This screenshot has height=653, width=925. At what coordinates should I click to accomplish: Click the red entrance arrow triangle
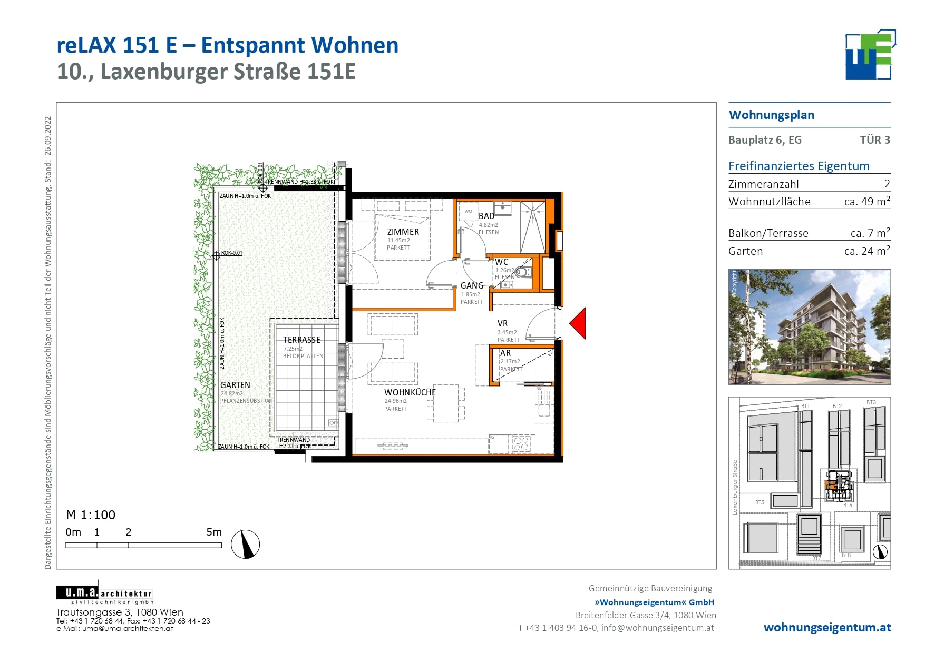tap(579, 323)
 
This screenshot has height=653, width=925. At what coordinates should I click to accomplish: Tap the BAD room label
tap(486, 216)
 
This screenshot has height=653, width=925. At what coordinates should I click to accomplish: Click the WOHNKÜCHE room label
tap(410, 392)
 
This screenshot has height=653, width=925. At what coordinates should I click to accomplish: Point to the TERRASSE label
tap(301, 340)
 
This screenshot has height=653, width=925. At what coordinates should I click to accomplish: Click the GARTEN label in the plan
tap(235, 385)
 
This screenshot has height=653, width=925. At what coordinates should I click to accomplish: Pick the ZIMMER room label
tap(403, 232)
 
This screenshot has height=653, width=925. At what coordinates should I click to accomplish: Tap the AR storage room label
tap(505, 353)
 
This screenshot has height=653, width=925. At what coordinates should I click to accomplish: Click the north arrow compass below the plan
tap(246, 544)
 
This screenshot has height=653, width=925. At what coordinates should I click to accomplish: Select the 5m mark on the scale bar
tap(214, 532)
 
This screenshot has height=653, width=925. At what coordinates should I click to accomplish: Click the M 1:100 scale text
tap(90, 515)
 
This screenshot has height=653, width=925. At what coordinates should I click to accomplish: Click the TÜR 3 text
tap(874, 140)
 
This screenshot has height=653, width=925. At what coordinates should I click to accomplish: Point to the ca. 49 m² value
tap(866, 201)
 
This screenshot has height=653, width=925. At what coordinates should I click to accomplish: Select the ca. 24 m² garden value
tap(866, 251)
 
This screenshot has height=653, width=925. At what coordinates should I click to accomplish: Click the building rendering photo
tap(809, 326)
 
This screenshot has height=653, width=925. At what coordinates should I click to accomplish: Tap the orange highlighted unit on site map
tap(831, 485)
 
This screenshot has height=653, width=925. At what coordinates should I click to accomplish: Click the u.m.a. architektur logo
tap(104, 594)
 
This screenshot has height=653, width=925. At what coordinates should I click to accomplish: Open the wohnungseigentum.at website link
tap(826, 627)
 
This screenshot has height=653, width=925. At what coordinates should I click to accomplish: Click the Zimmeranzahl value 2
tap(887, 184)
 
